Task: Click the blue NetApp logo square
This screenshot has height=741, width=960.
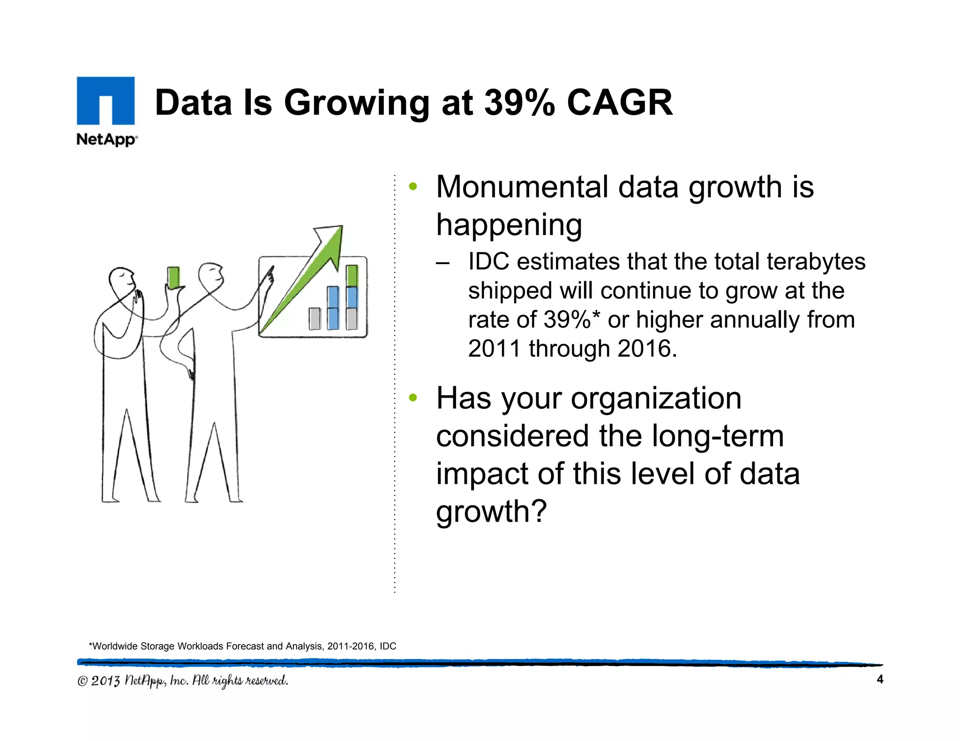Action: pyautogui.click(x=105, y=100)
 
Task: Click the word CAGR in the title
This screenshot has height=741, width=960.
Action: pyautogui.click(x=620, y=103)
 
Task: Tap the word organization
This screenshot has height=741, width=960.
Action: pyautogui.click(x=656, y=399)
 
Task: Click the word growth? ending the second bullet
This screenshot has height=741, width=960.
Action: pyautogui.click(x=491, y=511)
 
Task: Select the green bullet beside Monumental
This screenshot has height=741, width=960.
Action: pyautogui.click(x=412, y=187)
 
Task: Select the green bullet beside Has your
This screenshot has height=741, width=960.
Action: pyautogui.click(x=412, y=398)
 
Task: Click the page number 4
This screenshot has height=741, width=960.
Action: pyautogui.click(x=879, y=679)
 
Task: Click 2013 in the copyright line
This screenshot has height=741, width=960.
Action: pyautogui.click(x=105, y=681)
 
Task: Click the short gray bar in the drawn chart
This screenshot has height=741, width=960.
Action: pyautogui.click(x=315, y=319)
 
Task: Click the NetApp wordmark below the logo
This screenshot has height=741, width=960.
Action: pyautogui.click(x=106, y=140)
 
